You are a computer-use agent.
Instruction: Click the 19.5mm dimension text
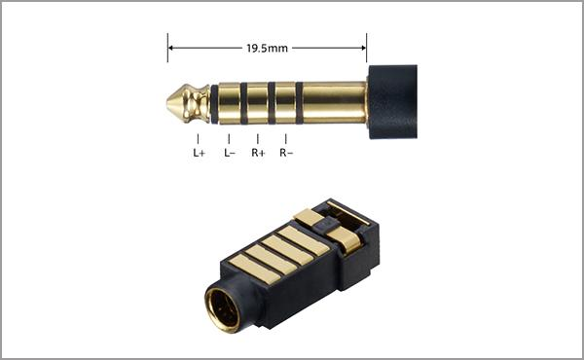click(x=267, y=49)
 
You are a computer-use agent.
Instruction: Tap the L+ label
click(x=199, y=153)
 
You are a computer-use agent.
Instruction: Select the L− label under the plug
click(x=230, y=153)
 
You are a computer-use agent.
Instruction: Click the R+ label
click(x=258, y=153)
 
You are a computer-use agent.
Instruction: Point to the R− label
click(x=286, y=153)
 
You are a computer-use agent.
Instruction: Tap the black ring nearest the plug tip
click(x=214, y=104)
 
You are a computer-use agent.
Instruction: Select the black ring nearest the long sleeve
click(x=300, y=103)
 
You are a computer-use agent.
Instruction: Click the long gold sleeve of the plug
click(x=335, y=103)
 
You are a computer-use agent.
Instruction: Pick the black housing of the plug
click(x=392, y=102)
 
